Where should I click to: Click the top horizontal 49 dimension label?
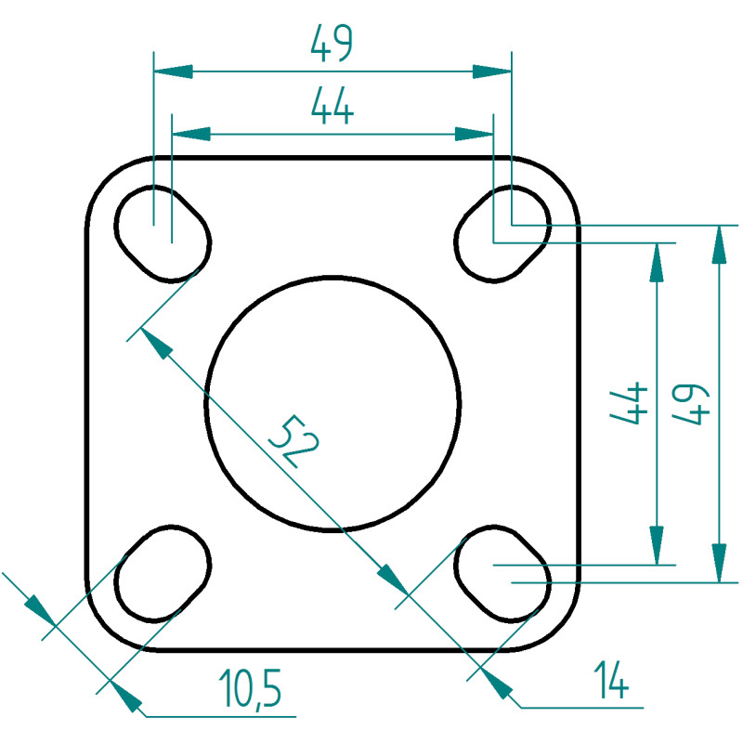tap(332, 43)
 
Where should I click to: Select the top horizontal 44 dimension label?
tap(332, 106)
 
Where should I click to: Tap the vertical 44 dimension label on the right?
tap(629, 402)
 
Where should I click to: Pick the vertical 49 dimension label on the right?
tap(691, 404)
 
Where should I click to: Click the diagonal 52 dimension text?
tap(293, 440)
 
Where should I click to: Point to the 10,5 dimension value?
tap(250, 688)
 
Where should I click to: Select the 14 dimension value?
tap(611, 680)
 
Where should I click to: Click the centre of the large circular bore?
tap(332, 403)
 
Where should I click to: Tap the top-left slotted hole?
tap(163, 234)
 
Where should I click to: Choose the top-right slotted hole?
tap(502, 234)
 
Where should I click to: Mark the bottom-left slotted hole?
tap(163, 574)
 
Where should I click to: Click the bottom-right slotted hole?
tap(502, 574)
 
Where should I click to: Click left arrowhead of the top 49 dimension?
tap(174, 72)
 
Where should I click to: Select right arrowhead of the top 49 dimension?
tap(492, 72)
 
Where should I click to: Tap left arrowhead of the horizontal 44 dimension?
tap(191, 134)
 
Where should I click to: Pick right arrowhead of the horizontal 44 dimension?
tap(474, 134)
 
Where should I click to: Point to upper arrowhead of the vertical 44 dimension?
tap(657, 263)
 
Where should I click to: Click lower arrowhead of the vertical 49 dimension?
tap(719, 563)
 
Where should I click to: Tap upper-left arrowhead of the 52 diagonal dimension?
tap(155, 343)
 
